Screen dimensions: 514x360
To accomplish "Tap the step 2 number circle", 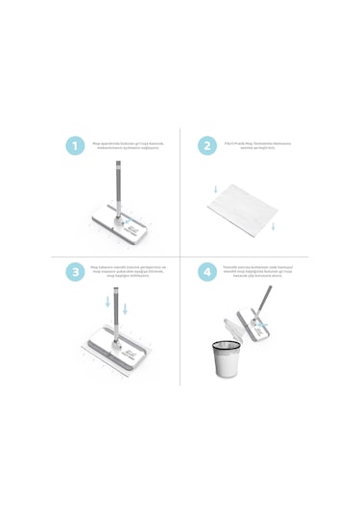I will click(x=207, y=146).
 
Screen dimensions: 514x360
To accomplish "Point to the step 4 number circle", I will click(x=207, y=272).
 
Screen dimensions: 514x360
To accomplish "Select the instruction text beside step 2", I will click(x=257, y=145).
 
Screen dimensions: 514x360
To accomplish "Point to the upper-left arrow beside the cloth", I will click(x=216, y=188).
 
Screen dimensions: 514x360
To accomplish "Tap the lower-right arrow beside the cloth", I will click(x=274, y=227).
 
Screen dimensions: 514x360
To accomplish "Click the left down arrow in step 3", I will click(x=108, y=302).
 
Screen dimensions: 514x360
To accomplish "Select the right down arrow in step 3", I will click(x=126, y=308).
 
